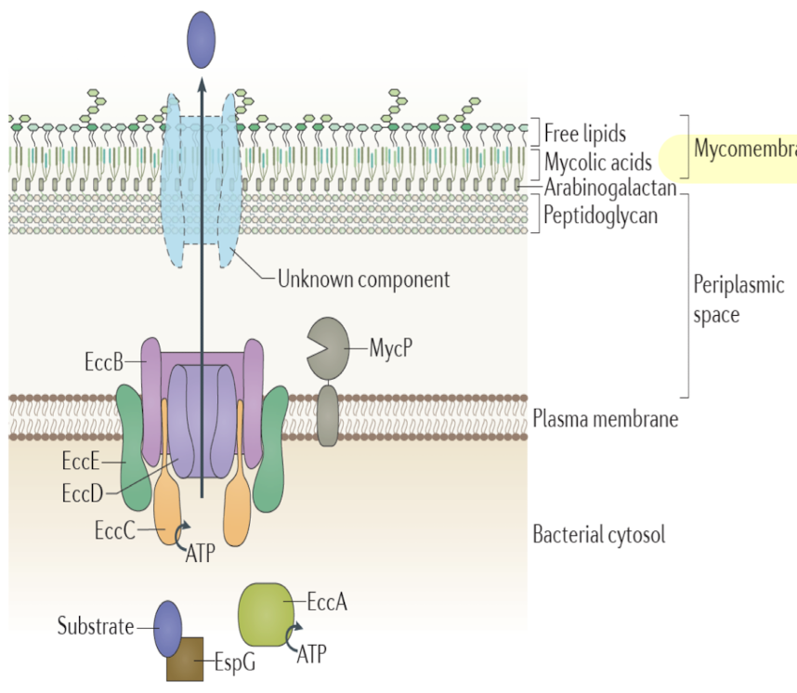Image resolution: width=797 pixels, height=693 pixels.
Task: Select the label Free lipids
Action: [x=585, y=133]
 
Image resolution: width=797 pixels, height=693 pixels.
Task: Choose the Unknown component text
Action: [x=363, y=278]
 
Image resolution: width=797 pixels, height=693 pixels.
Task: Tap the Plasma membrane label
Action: [x=605, y=419]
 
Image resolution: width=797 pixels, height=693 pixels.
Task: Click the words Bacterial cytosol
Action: [x=598, y=535]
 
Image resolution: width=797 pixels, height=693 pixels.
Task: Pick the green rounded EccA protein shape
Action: [x=268, y=614]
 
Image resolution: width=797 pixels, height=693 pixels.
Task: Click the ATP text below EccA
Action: [x=312, y=656]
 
